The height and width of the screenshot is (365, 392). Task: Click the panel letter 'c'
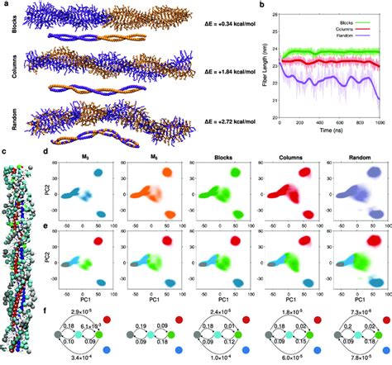point(4,151)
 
